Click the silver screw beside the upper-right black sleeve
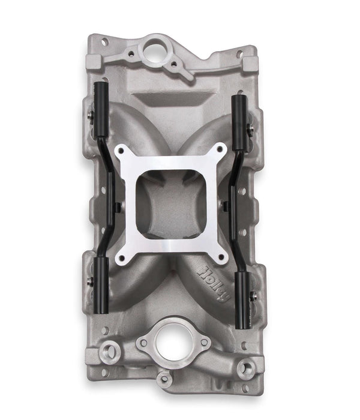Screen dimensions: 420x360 click(x=251, y=127)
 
